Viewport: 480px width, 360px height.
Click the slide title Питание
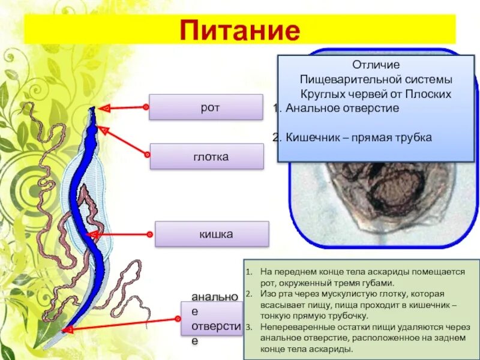pyautogui.click(x=240, y=29)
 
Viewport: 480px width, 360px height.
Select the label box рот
pyautogui.click(x=206, y=107)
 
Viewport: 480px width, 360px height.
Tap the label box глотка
pyautogui.click(x=206, y=157)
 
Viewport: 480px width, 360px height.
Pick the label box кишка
pyautogui.click(x=212, y=234)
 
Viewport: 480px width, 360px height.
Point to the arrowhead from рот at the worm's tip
pyautogui.click(x=103, y=109)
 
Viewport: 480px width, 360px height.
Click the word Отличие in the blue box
pyautogui.click(x=376, y=64)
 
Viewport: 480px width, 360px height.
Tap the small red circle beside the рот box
pyautogui.click(x=145, y=107)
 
